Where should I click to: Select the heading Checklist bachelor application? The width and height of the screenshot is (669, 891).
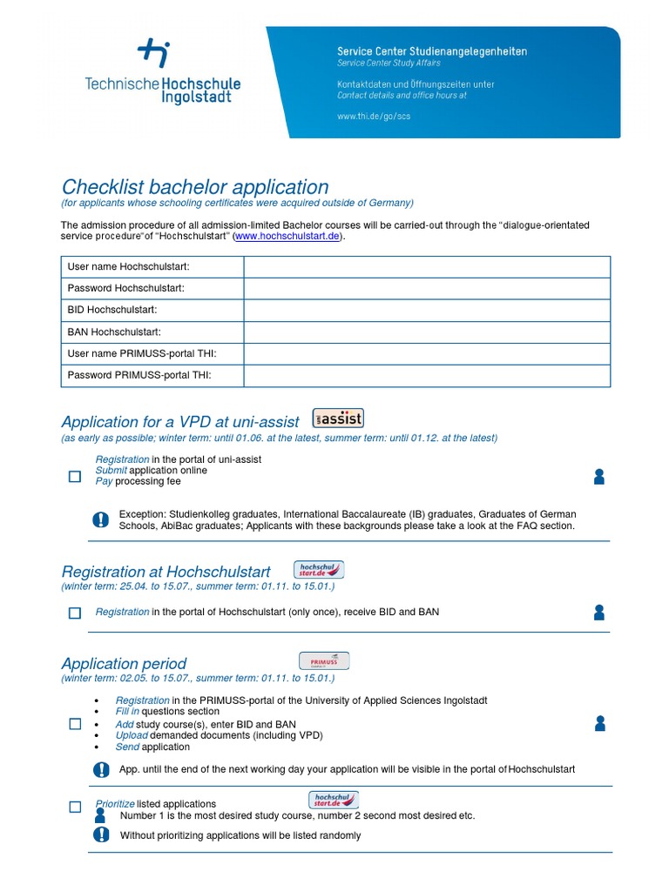(x=194, y=187)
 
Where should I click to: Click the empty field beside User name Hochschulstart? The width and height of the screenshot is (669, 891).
(x=427, y=266)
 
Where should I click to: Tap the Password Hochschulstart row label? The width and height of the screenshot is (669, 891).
(x=126, y=288)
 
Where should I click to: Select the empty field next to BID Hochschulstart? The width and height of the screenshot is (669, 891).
(x=427, y=310)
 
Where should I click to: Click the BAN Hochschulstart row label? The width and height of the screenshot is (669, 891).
(x=114, y=332)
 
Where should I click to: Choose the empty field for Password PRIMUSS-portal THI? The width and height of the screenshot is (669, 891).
(x=427, y=375)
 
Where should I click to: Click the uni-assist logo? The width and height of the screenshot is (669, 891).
(x=338, y=418)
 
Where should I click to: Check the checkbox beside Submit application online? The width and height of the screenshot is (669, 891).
(x=75, y=476)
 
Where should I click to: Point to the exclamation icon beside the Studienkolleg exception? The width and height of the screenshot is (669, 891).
(x=101, y=519)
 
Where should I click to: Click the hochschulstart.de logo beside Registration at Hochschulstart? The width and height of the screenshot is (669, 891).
(x=319, y=570)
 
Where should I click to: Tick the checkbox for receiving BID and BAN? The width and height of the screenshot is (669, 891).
(x=75, y=613)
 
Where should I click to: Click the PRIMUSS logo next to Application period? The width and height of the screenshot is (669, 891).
(x=324, y=661)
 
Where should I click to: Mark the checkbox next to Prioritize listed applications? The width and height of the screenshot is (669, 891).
(x=75, y=807)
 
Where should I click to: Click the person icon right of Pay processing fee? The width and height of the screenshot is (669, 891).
(x=598, y=476)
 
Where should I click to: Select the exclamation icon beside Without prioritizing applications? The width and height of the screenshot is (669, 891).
(x=101, y=835)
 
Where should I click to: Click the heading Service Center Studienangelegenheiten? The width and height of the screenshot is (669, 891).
(x=432, y=51)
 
